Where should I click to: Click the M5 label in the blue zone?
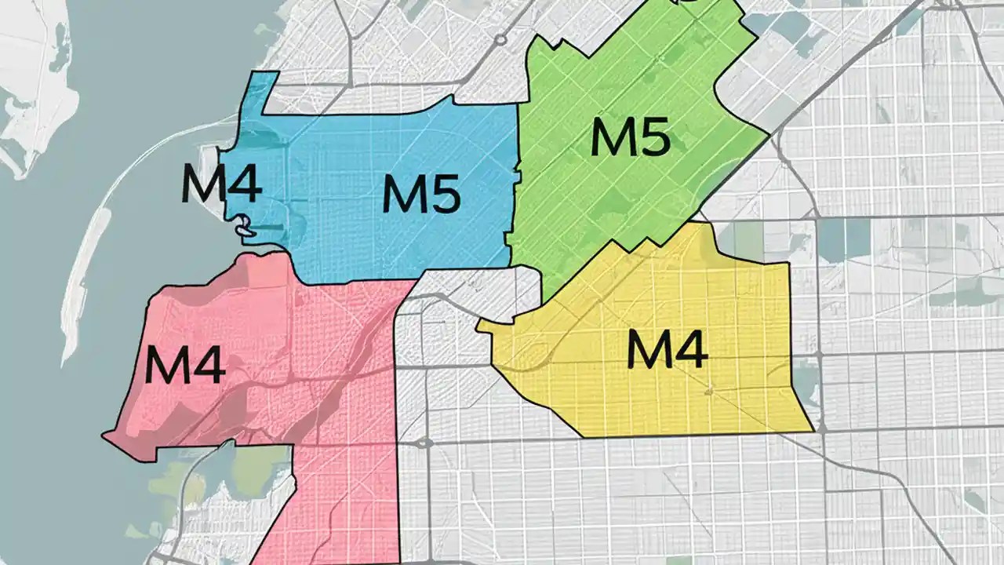(x=420, y=194)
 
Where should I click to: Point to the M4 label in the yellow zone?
(x=668, y=349)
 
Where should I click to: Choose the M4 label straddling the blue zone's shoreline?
(x=220, y=183)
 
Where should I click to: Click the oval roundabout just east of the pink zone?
(x=424, y=443)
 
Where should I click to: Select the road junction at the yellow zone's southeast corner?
(x=820, y=428)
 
